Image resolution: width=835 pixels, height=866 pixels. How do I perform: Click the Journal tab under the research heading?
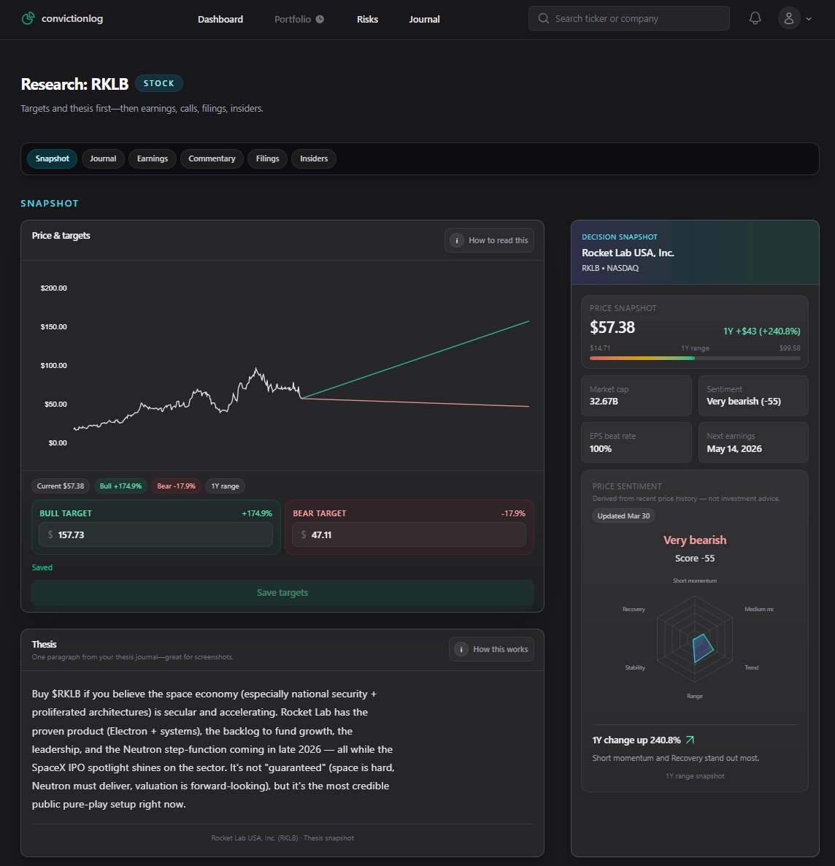point(103,158)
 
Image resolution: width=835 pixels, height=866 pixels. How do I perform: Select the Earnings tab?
point(153,158)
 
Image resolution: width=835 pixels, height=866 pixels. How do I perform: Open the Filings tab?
point(267,158)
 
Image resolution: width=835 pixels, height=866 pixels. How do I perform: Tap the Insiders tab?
point(314,158)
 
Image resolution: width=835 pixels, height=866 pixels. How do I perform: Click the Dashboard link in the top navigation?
point(220,19)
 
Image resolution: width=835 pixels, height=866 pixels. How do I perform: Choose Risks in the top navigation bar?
point(367,19)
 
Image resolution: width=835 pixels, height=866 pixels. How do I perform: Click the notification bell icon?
point(755,19)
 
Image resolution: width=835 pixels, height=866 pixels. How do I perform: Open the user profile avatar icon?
point(789,19)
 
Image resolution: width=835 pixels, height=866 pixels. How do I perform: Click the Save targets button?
point(282,592)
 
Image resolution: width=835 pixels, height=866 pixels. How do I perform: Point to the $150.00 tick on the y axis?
point(53,326)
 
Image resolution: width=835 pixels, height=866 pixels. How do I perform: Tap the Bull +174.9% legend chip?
point(120,486)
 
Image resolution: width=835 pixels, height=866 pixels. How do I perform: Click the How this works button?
point(491,649)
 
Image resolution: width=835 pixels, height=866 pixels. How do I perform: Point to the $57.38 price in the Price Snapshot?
point(612,327)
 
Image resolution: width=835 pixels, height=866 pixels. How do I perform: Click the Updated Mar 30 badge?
point(623,516)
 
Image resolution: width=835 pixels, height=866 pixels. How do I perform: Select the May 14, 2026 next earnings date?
point(734,448)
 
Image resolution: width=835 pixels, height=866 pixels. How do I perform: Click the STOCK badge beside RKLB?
point(159,83)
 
